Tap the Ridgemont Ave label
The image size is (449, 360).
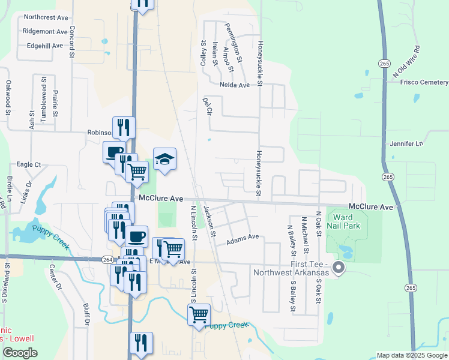(x=45, y=31)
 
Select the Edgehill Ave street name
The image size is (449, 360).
(x=45, y=46)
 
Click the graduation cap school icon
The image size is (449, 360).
(x=165, y=159)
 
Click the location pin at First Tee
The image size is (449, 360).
(x=339, y=268)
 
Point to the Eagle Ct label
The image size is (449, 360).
(x=28, y=164)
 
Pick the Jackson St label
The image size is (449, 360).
(x=209, y=220)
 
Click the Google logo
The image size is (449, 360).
(x=19, y=353)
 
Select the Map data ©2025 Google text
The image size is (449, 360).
(x=412, y=355)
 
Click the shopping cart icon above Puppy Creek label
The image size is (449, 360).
(x=199, y=314)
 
